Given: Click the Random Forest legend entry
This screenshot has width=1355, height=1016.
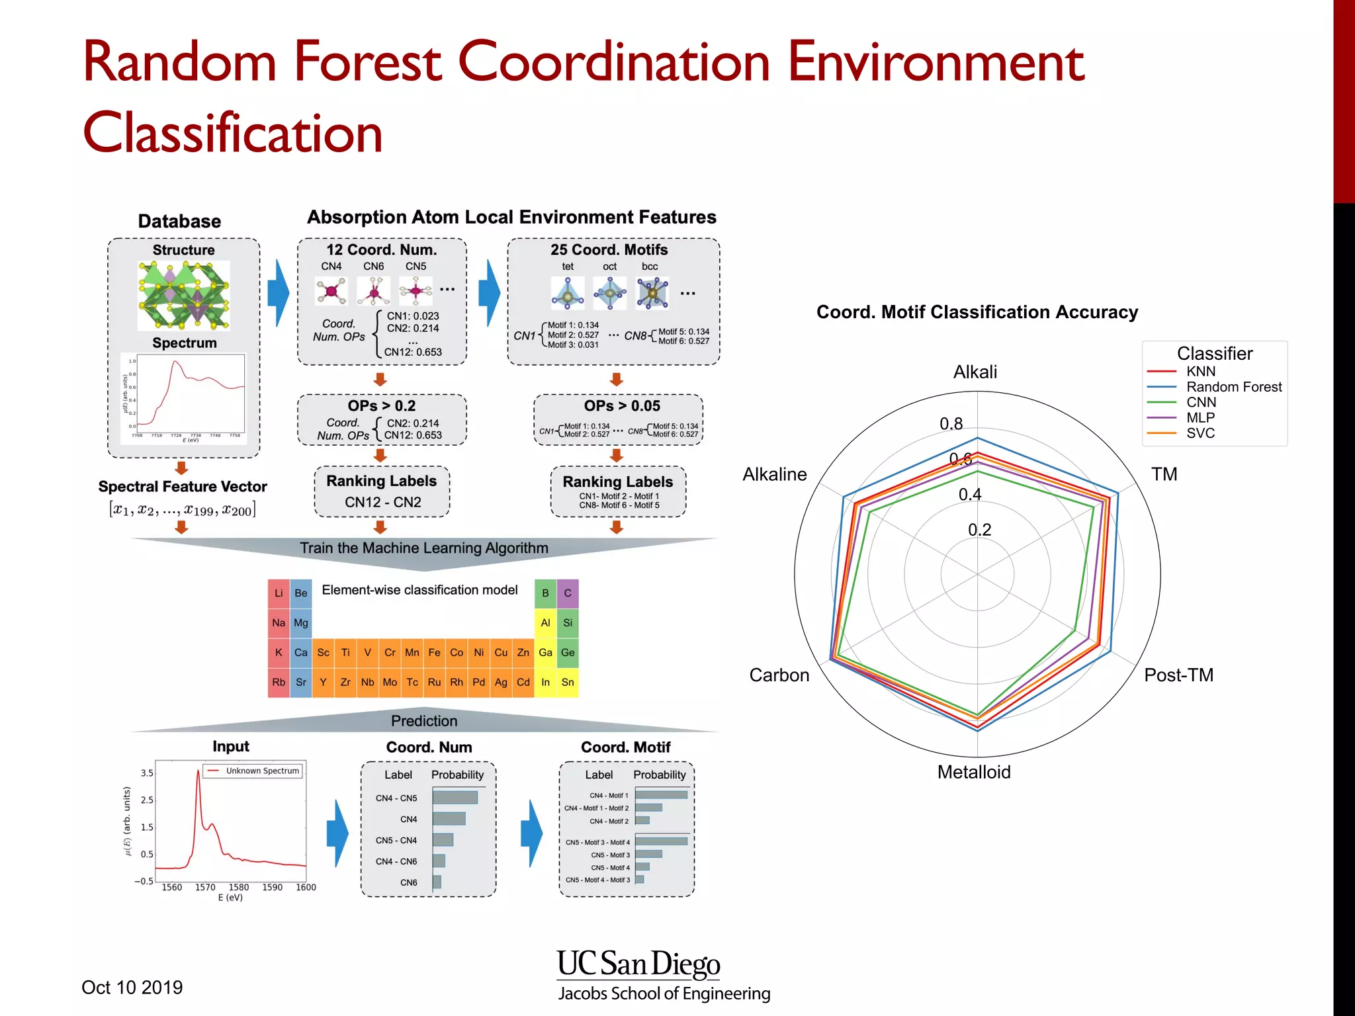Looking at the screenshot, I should [1233, 387].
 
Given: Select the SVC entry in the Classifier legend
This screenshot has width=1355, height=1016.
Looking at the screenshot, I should [1200, 433].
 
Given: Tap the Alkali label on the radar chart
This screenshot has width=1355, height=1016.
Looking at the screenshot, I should [975, 372].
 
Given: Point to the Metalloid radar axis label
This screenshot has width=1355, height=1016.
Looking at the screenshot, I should [974, 772].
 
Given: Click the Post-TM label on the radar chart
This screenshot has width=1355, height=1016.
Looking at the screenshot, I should [1178, 675].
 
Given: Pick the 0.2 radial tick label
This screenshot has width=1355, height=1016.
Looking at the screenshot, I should [979, 530].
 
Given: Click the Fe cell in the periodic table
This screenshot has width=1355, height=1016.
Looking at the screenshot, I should [434, 653].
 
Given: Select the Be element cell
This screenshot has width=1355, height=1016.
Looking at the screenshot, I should [301, 593].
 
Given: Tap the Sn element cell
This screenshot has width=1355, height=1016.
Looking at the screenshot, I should [568, 683].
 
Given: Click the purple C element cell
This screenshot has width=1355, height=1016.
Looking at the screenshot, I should [568, 593].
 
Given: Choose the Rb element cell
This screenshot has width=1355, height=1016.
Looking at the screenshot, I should [279, 683].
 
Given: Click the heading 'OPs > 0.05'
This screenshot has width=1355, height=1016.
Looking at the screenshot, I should [622, 406].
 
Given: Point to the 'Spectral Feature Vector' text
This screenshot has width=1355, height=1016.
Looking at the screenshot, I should [183, 487].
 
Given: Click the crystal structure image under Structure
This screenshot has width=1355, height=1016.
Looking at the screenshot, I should [183, 295].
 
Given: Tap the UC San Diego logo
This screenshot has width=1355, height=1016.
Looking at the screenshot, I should [638, 964].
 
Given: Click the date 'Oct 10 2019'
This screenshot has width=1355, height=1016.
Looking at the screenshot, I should [132, 988].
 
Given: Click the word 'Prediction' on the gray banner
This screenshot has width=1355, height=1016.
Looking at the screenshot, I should [424, 721].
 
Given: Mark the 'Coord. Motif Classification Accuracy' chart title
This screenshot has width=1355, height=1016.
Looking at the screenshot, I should [977, 312].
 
